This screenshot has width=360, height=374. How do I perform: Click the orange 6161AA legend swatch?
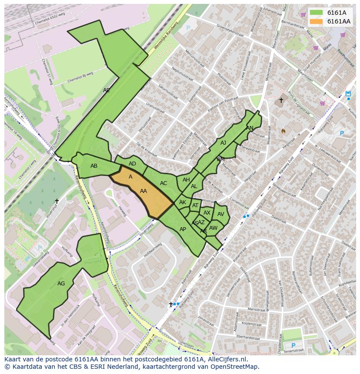pyautogui.click(x=316, y=21)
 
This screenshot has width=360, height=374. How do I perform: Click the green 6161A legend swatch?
pyautogui.click(x=316, y=13)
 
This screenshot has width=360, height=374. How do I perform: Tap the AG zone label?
pyautogui.click(x=61, y=284)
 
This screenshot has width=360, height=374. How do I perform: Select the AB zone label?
pyautogui.click(x=94, y=166)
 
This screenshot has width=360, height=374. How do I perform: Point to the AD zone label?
pyautogui.click(x=132, y=164)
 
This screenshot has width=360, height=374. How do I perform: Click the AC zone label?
pyautogui.click(x=163, y=183)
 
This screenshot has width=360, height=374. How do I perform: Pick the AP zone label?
pyautogui.click(x=183, y=229)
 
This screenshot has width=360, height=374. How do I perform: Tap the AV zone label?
pyautogui.click(x=220, y=214)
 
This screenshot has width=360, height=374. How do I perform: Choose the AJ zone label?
pyautogui.click(x=223, y=142)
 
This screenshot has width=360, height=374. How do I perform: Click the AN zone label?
pyautogui.click(x=250, y=128)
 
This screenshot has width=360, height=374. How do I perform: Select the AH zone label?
pyautogui.click(x=186, y=180)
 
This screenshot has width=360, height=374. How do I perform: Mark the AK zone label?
pyautogui.click(x=183, y=202)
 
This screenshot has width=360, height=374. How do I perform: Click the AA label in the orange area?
pyautogui.click(x=143, y=191)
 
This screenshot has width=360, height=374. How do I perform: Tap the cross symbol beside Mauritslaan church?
pyautogui.click(x=281, y=100)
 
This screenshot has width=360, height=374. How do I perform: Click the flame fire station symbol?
pyautogui.click(x=283, y=130)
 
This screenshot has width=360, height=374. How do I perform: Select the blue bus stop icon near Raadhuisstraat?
pyautogui.click(x=348, y=93)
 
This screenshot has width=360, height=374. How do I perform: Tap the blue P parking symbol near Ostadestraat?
pyautogui.click(x=293, y=346)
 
